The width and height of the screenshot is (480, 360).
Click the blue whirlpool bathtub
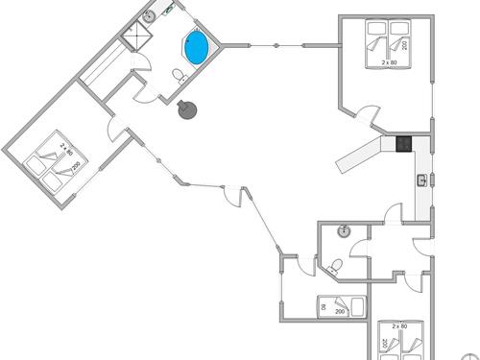(197, 48)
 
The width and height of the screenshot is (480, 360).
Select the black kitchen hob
(404, 145)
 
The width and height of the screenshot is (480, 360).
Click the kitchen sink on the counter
(421, 180)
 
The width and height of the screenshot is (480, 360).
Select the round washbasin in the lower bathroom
(343, 231)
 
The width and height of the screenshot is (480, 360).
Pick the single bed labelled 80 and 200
(342, 307)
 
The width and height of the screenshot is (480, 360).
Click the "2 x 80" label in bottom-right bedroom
(399, 327)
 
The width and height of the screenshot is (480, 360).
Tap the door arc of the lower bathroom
(358, 252)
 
